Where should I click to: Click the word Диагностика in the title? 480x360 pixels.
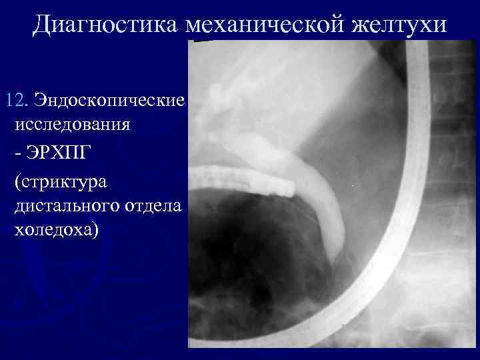tap(106, 25)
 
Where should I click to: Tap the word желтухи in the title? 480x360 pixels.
tap(406, 25)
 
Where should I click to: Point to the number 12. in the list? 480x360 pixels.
tap(15, 101)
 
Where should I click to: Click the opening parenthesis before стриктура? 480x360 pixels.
tap(17, 181)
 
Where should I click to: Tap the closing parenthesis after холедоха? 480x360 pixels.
tap(95, 231)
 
